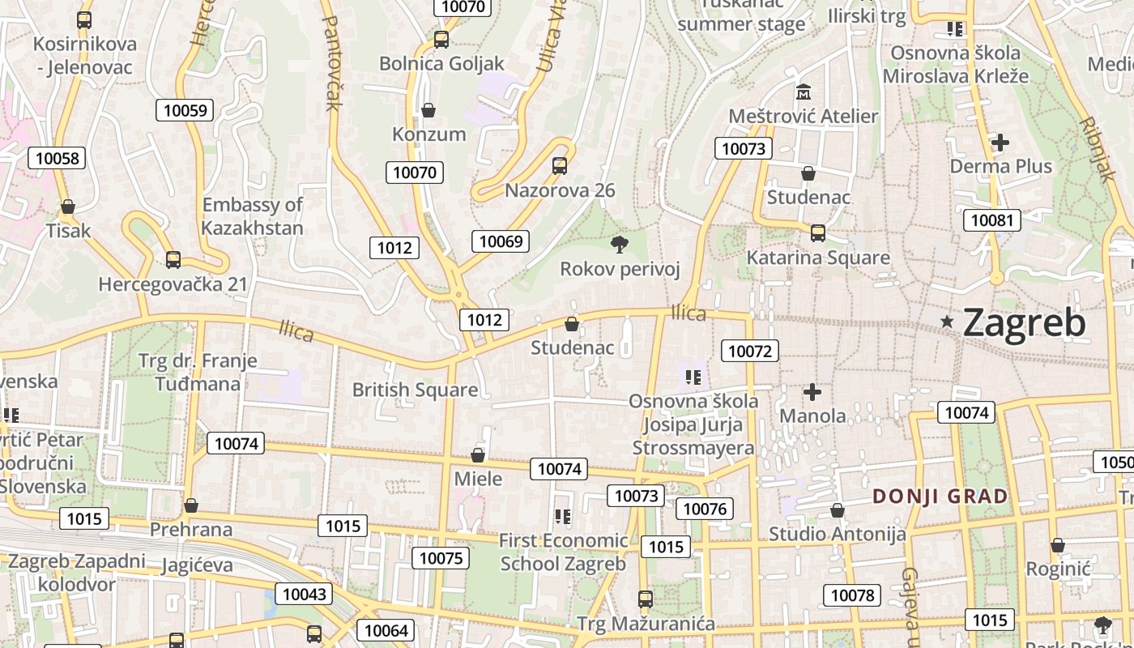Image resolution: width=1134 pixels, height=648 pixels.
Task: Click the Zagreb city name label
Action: click(1024, 323)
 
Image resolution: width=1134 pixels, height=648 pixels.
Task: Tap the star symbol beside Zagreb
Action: click(947, 322)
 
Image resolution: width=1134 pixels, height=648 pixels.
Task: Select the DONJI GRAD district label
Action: click(940, 497)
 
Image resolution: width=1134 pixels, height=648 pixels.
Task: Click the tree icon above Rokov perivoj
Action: click(620, 244)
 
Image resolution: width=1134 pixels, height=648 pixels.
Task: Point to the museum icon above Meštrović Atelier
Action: click(804, 92)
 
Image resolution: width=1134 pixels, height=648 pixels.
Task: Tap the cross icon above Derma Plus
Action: click(1000, 143)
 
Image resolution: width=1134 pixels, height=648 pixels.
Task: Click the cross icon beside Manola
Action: click(812, 393)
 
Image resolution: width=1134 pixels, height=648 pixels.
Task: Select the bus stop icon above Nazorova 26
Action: click(559, 166)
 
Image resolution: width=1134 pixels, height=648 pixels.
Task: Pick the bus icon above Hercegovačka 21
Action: click(173, 260)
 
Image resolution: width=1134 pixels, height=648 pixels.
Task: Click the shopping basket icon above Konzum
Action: click(428, 110)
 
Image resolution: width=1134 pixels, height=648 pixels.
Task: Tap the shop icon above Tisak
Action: click(68, 207)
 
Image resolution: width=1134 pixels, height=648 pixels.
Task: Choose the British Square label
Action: click(415, 390)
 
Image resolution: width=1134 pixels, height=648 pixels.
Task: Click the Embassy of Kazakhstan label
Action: click(252, 216)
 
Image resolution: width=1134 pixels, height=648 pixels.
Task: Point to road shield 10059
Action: click(185, 110)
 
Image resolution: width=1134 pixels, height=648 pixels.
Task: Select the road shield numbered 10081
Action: click(991, 220)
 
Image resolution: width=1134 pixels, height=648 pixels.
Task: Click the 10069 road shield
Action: click(501, 241)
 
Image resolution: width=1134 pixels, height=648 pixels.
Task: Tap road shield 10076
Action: click(703, 509)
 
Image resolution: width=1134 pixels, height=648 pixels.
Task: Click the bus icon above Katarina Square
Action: click(817, 233)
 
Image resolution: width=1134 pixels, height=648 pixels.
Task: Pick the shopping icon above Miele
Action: click(478, 455)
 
